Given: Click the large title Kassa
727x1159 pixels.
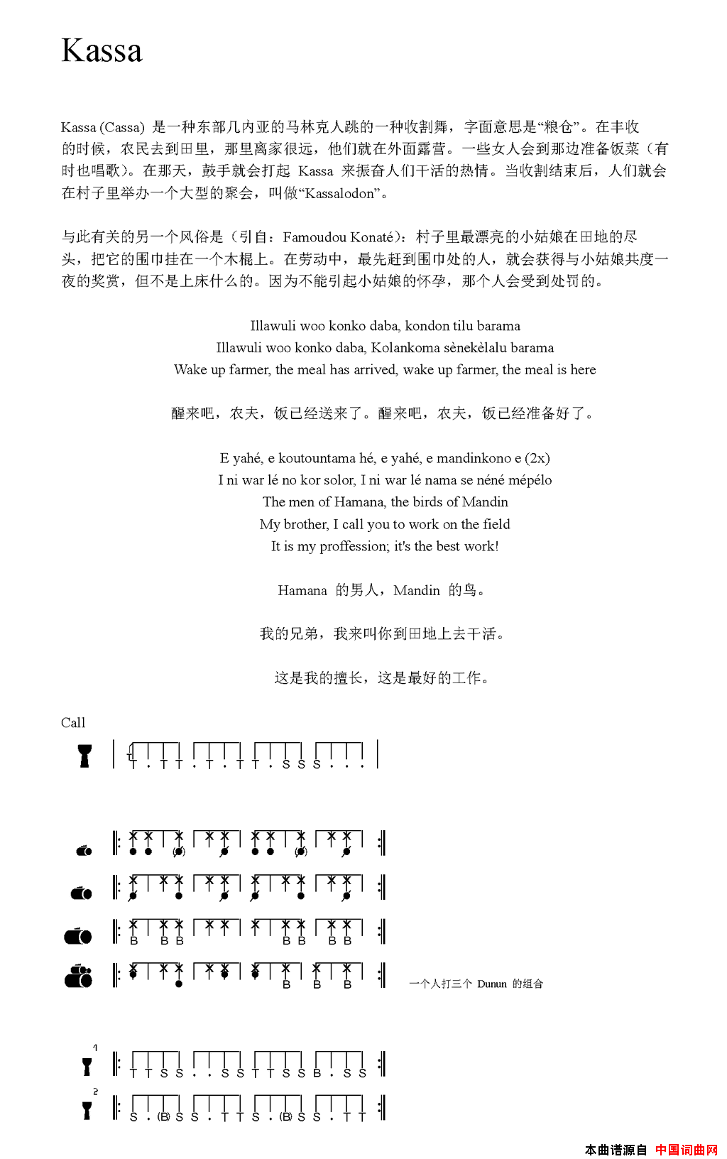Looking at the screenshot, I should click(x=102, y=51).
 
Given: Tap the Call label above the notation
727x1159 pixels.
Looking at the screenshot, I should click(x=73, y=723).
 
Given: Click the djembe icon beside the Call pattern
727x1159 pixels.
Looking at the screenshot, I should click(x=84, y=756).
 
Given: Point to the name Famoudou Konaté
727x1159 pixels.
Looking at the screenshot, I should click(x=338, y=237).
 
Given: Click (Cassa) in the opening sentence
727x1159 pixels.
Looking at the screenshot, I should click(x=122, y=128).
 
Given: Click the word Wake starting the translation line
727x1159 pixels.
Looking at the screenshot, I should click(x=190, y=370).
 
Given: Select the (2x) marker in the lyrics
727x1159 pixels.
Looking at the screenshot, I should click(x=537, y=458).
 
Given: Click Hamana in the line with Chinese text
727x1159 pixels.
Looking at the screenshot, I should click(x=302, y=591).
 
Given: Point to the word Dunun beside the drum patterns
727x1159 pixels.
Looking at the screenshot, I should click(x=491, y=984).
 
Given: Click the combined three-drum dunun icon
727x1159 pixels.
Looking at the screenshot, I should click(x=79, y=976).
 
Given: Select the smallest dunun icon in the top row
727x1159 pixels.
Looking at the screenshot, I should click(x=84, y=850).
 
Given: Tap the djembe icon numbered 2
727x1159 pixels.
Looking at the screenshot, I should click(x=87, y=1111).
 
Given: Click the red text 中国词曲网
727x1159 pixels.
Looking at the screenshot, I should click(x=686, y=1149).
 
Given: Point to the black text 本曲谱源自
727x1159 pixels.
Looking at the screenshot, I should click(x=616, y=1149).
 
